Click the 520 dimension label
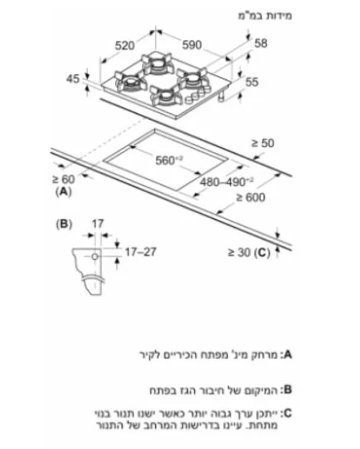pos(124,46)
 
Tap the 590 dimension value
pos(192,44)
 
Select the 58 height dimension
pos(261,44)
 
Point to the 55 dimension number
pos(252,82)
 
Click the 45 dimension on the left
pos(72,78)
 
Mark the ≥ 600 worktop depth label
pos(251,198)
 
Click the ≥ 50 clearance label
pos(262,144)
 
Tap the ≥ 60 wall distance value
pos(64,180)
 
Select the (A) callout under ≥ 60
pos(64,192)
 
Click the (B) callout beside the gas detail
pos(64,224)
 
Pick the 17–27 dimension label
pos(140,252)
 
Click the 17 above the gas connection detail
pos(98,223)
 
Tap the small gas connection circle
pos(95,257)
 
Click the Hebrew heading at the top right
pos(265,16)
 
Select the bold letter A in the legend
pos(288,355)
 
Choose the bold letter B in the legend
pos(288,390)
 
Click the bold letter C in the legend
pos(288,413)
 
